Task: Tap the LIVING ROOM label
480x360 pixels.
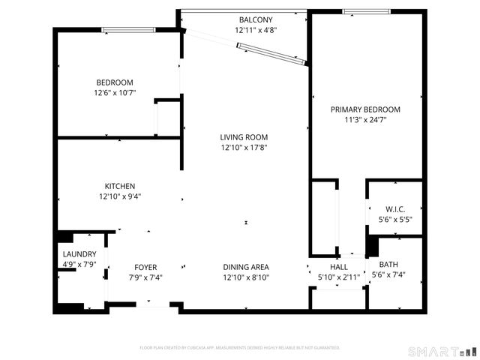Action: coord(244,137)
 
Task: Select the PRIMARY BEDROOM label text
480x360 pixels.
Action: coord(365,109)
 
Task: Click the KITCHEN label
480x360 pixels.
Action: coord(119,186)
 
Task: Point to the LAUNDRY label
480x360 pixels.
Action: coord(79,254)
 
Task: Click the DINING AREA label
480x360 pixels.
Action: coord(246,267)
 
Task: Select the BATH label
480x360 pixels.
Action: coord(388,264)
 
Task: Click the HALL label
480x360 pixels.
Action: coord(339,267)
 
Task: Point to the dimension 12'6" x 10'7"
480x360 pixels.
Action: coord(114,93)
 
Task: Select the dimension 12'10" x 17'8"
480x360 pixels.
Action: coord(244,148)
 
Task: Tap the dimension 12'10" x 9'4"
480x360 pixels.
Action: coord(119,196)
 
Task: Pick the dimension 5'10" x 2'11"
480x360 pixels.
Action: coord(339,277)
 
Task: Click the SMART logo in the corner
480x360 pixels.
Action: coord(442,351)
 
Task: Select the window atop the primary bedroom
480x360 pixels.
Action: coord(367,11)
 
